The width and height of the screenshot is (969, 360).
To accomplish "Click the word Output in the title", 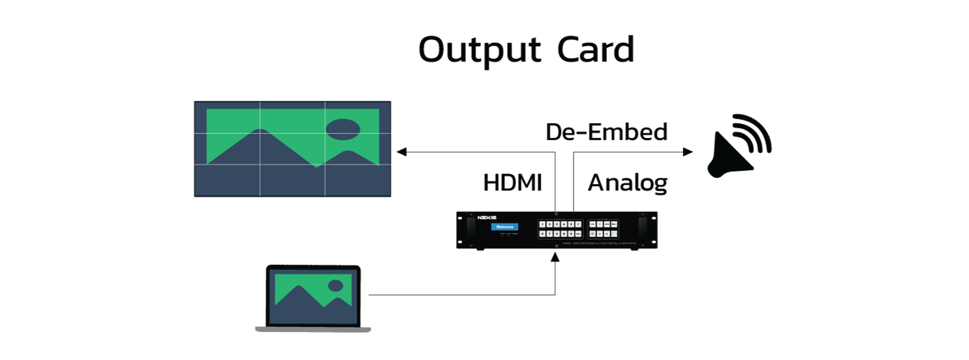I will (479, 50).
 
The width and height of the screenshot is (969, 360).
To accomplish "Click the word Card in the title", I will (596, 50).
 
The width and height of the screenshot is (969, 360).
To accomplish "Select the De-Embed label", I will (606, 132).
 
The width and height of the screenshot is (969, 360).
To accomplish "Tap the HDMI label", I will (512, 183).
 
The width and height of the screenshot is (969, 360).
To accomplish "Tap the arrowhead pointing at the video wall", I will (402, 152).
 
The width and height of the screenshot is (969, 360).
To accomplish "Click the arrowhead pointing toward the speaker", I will (688, 152).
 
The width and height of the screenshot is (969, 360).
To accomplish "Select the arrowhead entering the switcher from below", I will (555, 257).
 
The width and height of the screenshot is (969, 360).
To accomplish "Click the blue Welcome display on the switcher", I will (505, 227).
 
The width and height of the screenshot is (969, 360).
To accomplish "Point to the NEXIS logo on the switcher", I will (487, 218).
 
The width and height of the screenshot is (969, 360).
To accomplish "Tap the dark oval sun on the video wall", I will (343, 130).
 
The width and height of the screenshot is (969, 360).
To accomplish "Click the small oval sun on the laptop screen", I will (335, 285).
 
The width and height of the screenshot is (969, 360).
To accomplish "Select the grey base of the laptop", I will (313, 330).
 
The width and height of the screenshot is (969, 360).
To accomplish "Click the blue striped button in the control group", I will (614, 234).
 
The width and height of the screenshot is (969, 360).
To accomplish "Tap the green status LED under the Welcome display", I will (502, 236).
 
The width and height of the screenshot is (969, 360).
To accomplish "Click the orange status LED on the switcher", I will (508, 236).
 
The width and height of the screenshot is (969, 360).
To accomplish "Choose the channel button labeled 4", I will (564, 224).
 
